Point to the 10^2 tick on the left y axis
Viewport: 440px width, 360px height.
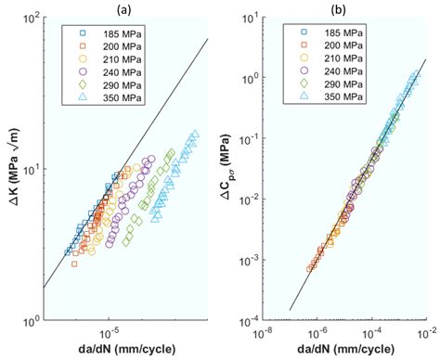click(30, 21)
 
